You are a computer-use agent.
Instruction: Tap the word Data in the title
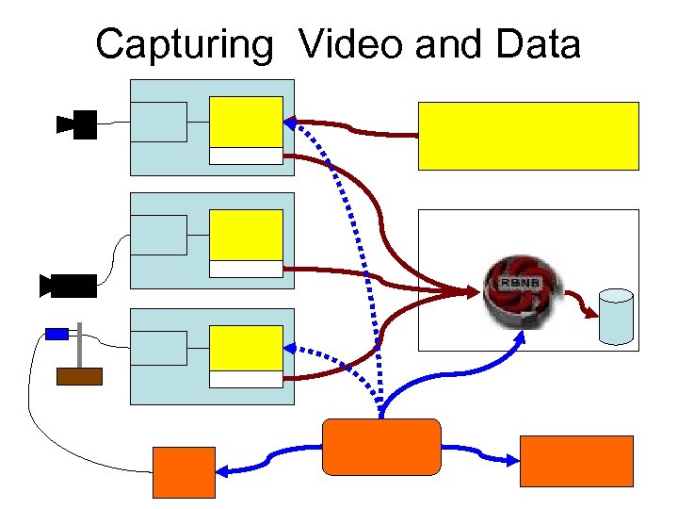[x=535, y=44]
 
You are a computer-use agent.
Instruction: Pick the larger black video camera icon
[x=68, y=286]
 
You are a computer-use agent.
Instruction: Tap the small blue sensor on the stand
[x=57, y=333]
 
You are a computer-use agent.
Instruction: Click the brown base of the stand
[x=79, y=376]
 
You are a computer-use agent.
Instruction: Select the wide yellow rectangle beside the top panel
[x=528, y=136]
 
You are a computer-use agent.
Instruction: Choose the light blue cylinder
[x=616, y=318]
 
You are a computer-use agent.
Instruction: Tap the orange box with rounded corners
[x=381, y=447]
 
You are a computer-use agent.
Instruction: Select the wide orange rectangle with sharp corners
[x=576, y=460]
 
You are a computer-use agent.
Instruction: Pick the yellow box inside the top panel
[x=246, y=122]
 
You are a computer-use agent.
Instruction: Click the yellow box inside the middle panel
[x=246, y=235]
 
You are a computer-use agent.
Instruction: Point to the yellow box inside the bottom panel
[x=246, y=348]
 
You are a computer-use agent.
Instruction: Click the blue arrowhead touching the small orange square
[x=223, y=468]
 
